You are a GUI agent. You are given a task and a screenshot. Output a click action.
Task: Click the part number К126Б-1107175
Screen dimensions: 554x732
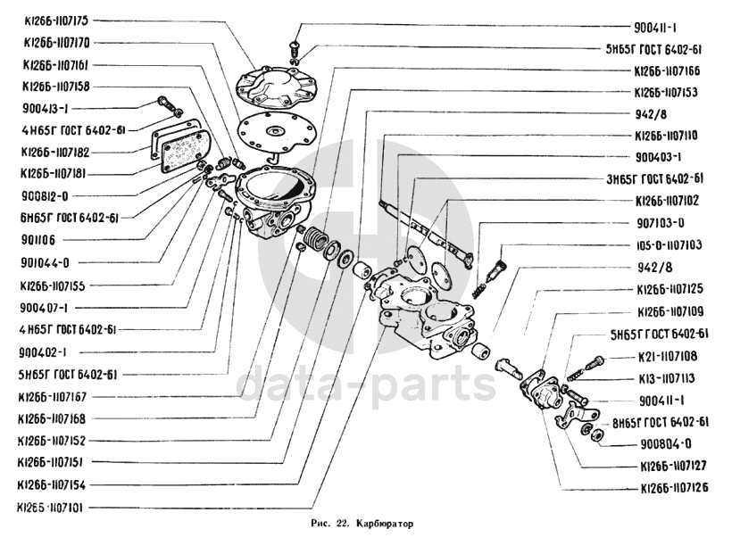56,20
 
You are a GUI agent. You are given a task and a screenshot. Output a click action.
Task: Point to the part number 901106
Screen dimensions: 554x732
37,240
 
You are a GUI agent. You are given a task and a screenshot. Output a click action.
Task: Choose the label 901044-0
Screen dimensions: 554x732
44,263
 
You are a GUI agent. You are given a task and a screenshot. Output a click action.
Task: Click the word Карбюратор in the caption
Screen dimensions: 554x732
385,525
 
